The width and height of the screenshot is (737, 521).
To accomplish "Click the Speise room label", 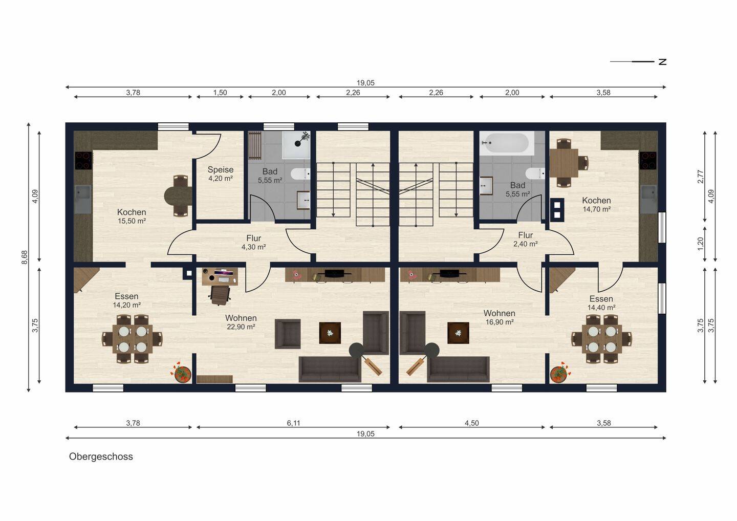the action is (x=221, y=170).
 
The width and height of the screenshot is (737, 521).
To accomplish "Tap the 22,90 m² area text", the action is (x=241, y=327).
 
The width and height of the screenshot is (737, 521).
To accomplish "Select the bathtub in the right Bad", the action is (x=507, y=143).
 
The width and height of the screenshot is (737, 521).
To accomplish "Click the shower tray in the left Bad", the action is (x=296, y=145).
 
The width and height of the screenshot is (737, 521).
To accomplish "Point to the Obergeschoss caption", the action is (x=101, y=457).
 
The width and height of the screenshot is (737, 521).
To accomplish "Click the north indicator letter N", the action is (x=662, y=61).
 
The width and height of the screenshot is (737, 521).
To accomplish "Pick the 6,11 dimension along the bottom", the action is (x=293, y=423).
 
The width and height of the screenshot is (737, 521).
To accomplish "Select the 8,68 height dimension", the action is (x=25, y=257).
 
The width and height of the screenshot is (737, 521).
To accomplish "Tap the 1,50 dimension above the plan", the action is (x=220, y=93).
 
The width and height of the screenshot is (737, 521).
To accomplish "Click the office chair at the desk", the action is (x=220, y=295).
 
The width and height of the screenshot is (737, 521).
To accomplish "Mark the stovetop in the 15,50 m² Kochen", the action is (x=83, y=161).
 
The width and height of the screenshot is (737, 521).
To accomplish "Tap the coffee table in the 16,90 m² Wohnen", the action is (x=458, y=333).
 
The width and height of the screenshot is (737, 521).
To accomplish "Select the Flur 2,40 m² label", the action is (x=526, y=240).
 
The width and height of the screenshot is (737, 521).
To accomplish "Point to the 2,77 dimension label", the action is (x=701, y=177).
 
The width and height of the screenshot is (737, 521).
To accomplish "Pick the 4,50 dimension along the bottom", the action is (x=471, y=423).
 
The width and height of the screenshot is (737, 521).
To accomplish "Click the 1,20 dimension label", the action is (x=701, y=244).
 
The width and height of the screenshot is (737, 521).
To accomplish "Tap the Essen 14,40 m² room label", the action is (x=601, y=303).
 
